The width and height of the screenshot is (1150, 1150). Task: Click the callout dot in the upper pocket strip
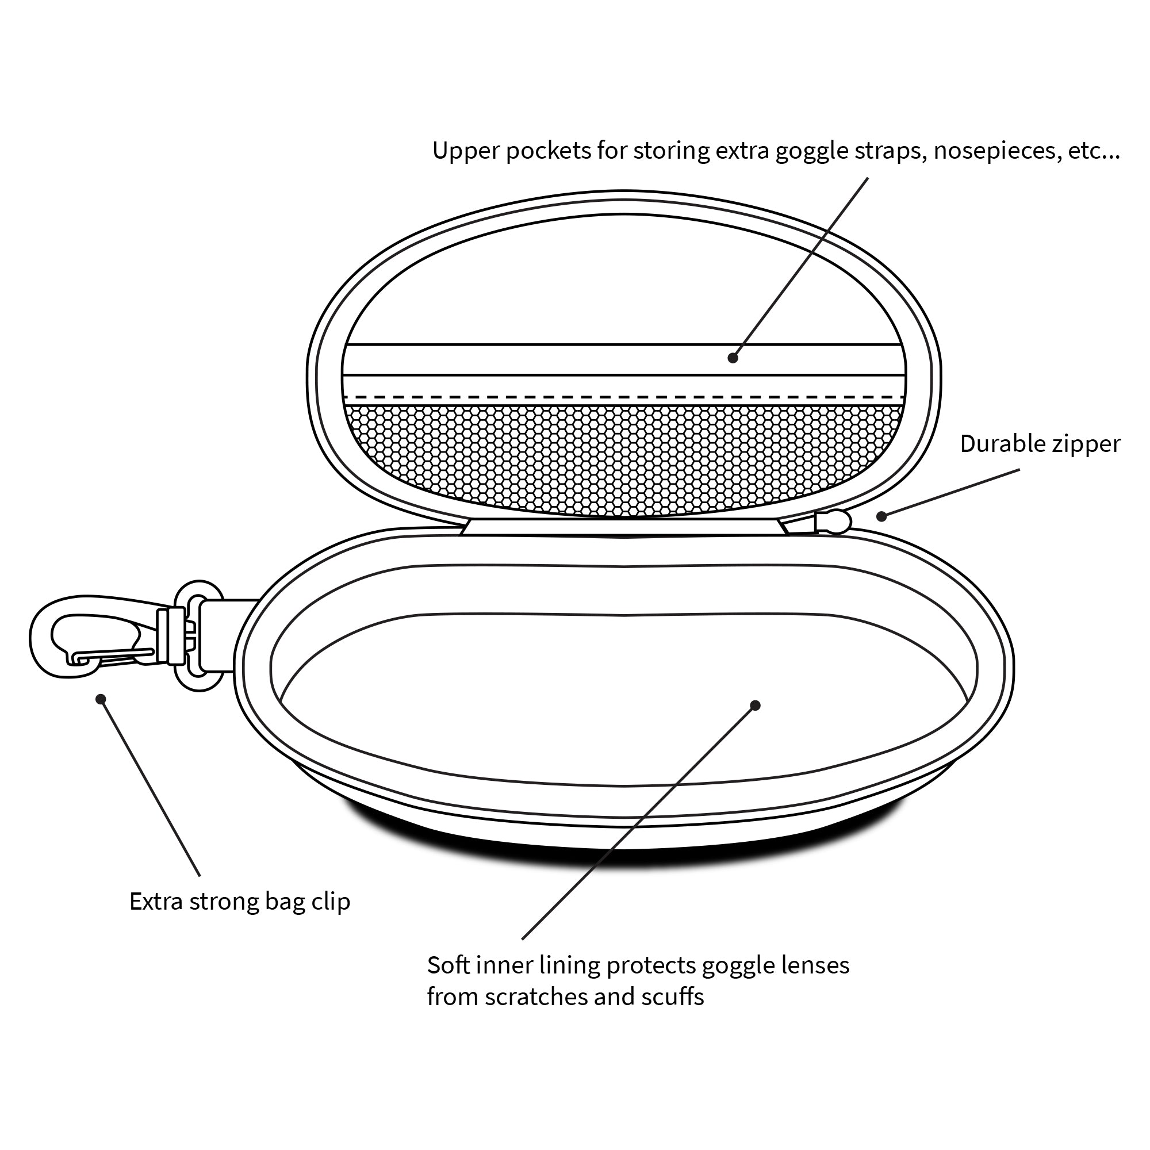point(733,358)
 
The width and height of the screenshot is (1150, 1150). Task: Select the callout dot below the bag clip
point(101,698)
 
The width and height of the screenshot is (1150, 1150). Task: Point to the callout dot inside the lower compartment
point(756,706)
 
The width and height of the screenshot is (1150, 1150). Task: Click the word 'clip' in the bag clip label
point(331,902)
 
